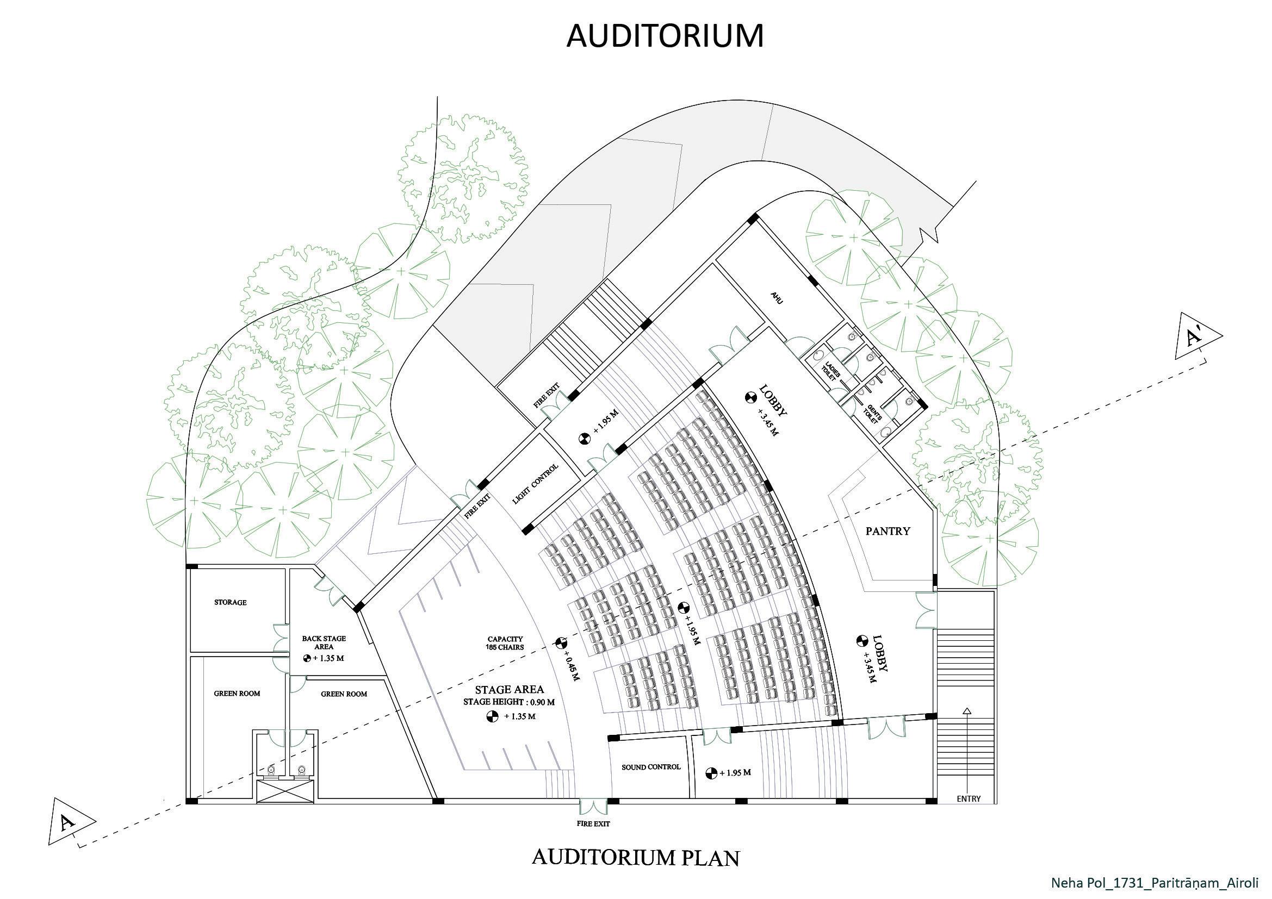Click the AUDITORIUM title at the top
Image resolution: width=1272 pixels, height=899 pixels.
click(x=665, y=36)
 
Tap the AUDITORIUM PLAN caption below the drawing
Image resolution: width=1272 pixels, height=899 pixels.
click(x=635, y=858)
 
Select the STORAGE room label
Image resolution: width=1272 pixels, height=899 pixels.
click(x=231, y=602)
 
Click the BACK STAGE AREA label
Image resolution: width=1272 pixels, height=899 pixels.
click(x=324, y=642)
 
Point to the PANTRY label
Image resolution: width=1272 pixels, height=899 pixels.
click(x=888, y=531)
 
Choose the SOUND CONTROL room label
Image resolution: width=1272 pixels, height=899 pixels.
click(x=650, y=767)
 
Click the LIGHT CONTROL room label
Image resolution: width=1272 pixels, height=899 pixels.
click(x=536, y=484)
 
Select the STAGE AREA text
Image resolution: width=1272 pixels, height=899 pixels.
click(x=509, y=689)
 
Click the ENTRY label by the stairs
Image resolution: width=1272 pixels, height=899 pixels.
click(x=969, y=799)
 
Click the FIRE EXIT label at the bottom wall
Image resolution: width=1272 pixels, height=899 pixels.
click(x=593, y=823)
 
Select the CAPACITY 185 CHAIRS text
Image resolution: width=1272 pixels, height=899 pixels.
click(x=505, y=642)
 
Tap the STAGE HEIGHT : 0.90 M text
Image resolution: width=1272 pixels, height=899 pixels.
click(x=509, y=702)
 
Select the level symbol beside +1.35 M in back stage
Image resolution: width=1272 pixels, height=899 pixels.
click(x=308, y=659)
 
